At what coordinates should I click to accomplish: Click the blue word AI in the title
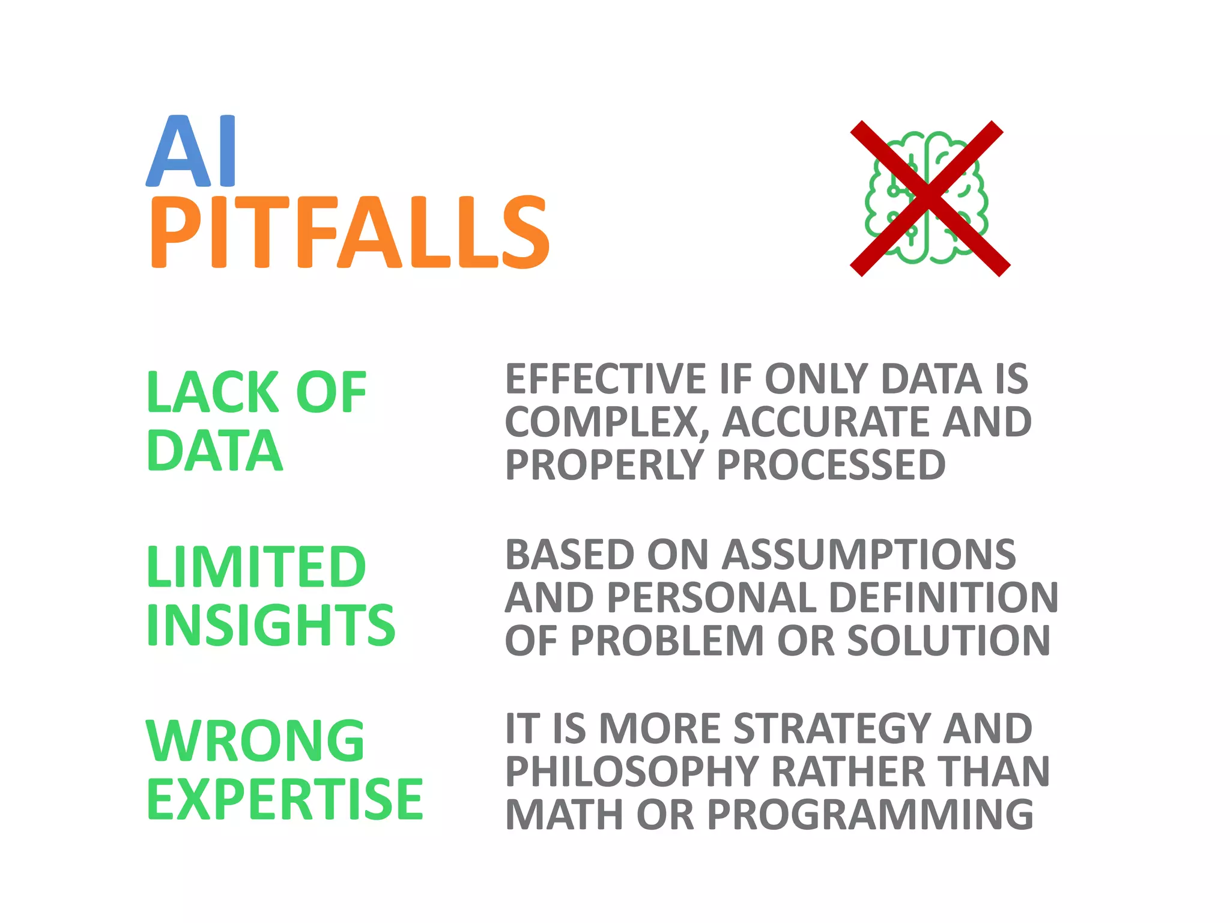point(191,151)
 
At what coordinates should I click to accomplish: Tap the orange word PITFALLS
point(349,233)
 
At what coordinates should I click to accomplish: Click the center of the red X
point(930,198)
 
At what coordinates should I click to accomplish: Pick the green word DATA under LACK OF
point(214,451)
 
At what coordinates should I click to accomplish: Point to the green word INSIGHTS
point(271,625)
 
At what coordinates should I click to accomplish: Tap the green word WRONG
point(255,741)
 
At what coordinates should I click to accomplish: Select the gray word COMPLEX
point(602,422)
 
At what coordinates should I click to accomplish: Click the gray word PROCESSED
point(831,465)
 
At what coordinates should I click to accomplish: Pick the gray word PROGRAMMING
point(870,815)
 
